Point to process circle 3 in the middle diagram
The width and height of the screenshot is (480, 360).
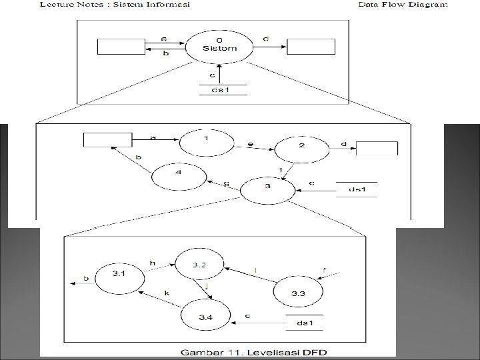[x=267, y=190]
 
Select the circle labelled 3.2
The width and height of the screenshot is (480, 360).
[x=199, y=265]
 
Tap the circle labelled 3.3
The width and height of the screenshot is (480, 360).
[x=298, y=292]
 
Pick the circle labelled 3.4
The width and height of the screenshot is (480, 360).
[x=205, y=315]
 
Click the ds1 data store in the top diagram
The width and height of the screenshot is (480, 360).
[x=223, y=90]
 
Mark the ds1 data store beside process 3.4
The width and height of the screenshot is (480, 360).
[x=305, y=323]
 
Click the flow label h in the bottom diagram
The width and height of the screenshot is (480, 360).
[x=153, y=263]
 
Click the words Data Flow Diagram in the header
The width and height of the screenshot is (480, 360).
[x=403, y=4]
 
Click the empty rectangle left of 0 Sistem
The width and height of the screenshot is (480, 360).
[x=121, y=47]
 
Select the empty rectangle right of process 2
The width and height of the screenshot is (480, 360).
[x=377, y=148]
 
